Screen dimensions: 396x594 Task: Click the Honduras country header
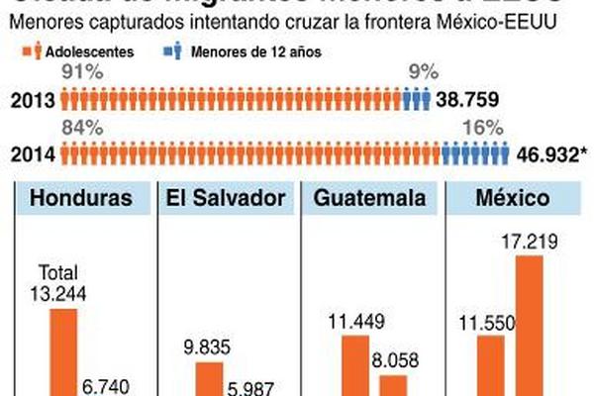pos(80,198)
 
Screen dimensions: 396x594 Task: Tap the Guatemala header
pos(370,198)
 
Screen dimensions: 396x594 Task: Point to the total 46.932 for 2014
pos(553,154)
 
